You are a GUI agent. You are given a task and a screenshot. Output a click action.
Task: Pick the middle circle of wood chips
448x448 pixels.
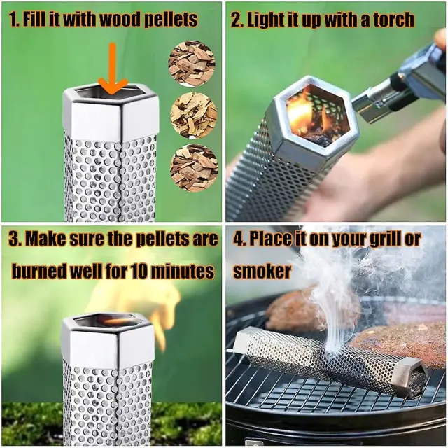(x=194, y=116)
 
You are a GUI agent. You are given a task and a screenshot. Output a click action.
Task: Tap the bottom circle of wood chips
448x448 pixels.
(x=194, y=168)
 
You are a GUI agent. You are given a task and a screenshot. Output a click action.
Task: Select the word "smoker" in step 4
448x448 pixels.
(x=262, y=271)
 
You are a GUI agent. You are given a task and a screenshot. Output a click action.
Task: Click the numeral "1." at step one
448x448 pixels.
(x=14, y=19)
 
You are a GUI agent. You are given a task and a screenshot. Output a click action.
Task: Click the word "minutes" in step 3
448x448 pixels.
(x=182, y=271)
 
